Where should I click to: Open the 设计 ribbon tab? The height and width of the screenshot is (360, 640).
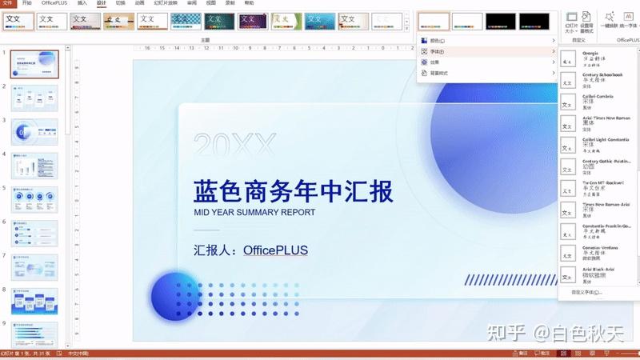(x=101, y=3)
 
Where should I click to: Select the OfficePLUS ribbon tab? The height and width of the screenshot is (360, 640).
(x=54, y=3)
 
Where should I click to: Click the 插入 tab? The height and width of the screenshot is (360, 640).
(x=82, y=3)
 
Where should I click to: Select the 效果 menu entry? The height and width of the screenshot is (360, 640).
(x=435, y=62)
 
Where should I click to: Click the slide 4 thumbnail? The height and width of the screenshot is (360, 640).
(x=34, y=166)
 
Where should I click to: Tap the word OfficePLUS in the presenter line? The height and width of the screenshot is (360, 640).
(x=275, y=250)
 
